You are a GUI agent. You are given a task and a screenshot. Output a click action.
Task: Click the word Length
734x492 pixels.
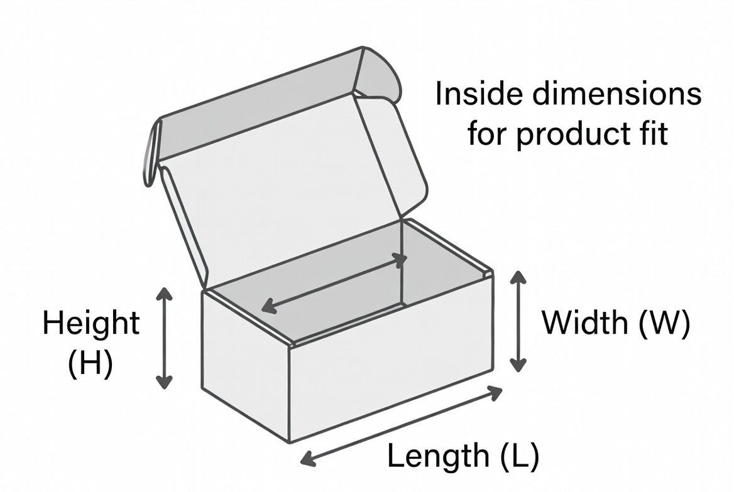tap(438, 456)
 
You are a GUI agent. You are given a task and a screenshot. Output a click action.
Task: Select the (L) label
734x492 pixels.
tap(519, 456)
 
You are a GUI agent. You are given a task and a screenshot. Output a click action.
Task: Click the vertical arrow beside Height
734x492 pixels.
tap(164, 338)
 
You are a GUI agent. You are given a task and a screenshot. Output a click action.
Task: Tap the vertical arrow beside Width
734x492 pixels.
tap(518, 321)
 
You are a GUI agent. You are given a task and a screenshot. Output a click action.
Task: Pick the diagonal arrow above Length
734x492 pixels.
tap(401, 425)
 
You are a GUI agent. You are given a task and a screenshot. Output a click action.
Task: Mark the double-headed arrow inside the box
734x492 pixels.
tap(334, 284)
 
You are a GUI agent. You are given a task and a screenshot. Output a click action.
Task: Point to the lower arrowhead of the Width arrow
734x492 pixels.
tap(518, 365)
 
